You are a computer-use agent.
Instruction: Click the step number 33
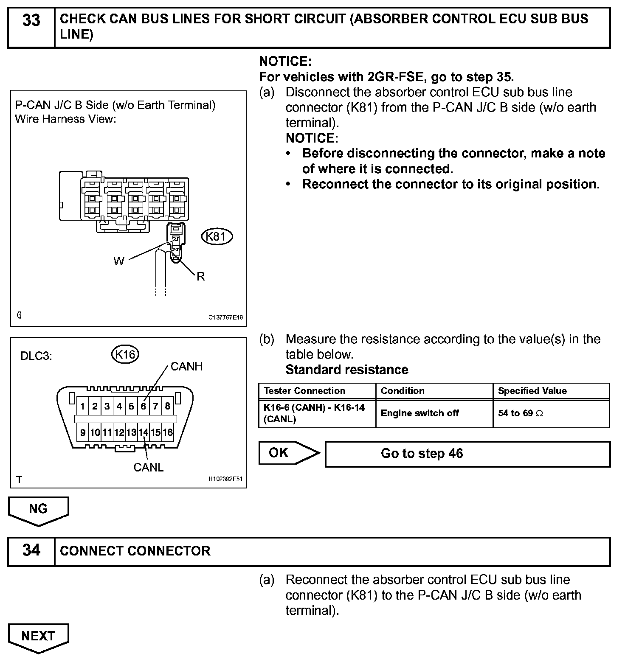pos(31,20)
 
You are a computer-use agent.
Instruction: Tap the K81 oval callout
pos(217,236)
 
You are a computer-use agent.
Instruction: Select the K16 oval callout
pos(125,354)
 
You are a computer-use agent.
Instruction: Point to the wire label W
pos(118,261)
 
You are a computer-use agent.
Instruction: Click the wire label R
pos(201,277)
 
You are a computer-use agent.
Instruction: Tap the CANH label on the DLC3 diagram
pos(186,366)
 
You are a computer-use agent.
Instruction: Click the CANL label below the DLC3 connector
pos(148,467)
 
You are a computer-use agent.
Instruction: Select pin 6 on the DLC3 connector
pos(144,407)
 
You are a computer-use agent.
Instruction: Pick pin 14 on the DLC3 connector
pos(144,432)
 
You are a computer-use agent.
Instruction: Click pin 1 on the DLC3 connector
pos(83,407)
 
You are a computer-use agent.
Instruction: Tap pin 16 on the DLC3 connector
pos(168,432)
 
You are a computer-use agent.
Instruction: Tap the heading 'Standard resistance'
pos(347,370)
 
